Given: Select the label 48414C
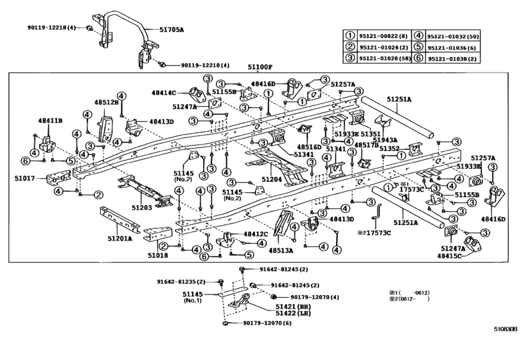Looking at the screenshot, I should point(165,93).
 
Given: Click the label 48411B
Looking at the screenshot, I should point(49,120).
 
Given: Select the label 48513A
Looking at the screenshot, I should point(281,250).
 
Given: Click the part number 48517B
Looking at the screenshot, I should point(367,145).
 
